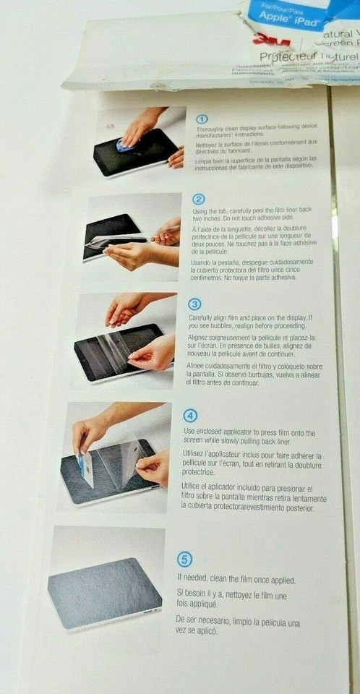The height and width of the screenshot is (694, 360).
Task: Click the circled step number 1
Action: click(x=202, y=119)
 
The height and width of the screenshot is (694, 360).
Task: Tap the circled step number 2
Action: click(x=199, y=200)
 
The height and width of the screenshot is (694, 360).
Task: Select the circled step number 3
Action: click(x=194, y=304)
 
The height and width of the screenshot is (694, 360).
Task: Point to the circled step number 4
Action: click(x=191, y=416)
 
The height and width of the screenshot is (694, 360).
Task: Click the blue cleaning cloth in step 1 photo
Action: click(x=124, y=145)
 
